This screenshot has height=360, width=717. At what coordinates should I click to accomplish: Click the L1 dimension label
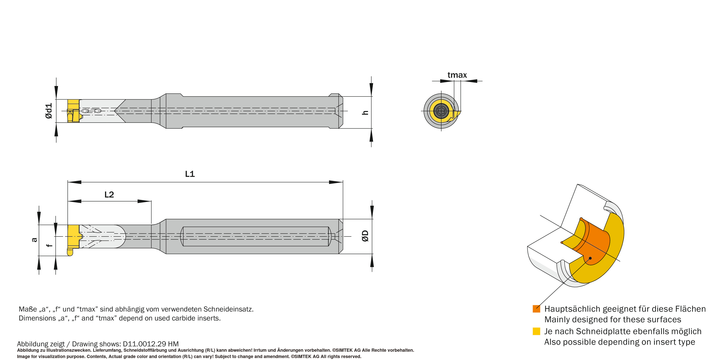pos(190,174)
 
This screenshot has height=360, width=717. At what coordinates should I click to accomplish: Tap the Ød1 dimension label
pos(49,111)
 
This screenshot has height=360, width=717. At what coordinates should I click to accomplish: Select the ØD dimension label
pos(365,236)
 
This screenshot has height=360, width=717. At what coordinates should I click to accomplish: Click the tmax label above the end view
pos(457,75)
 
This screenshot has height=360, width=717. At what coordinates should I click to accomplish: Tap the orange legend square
pos(536,309)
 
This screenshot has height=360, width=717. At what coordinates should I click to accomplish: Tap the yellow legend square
pos(536,331)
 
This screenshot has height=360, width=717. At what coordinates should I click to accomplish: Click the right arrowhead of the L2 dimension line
pos(144,201)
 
